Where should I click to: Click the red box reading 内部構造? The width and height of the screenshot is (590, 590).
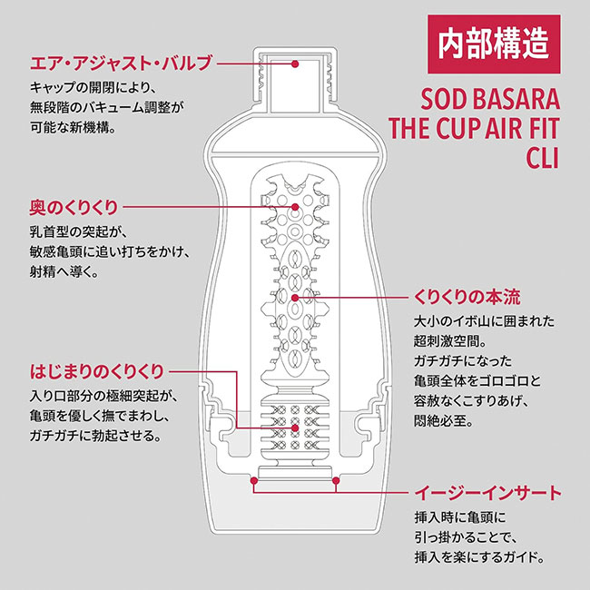493,44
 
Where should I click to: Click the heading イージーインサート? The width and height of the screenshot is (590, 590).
488,493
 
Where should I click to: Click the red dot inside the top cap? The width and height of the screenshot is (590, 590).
296,64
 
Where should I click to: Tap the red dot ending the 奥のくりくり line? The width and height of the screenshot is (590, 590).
295,208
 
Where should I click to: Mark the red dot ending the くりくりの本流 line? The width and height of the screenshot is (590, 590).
295,297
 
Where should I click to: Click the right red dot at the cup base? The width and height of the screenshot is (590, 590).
336,479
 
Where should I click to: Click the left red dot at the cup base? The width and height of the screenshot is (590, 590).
255,479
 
